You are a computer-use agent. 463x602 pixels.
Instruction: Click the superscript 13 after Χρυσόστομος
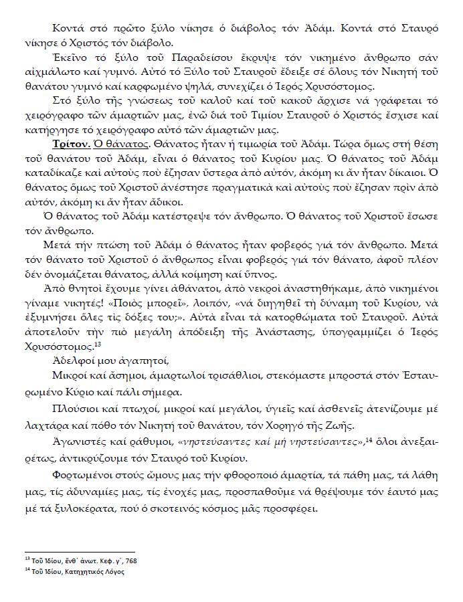(97, 344)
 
